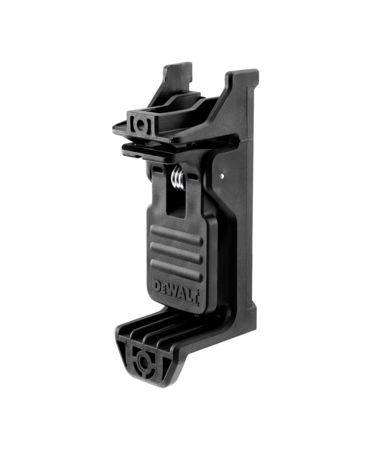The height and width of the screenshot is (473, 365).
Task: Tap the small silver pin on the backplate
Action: pos(222,175)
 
